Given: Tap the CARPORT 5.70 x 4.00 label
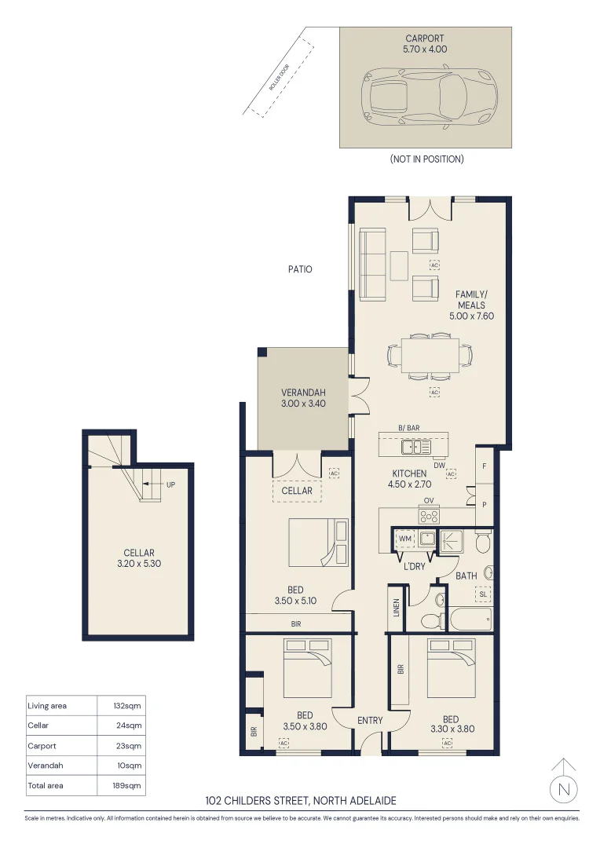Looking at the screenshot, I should (425, 43).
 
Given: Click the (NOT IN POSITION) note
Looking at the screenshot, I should (426, 159).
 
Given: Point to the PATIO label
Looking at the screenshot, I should (299, 269).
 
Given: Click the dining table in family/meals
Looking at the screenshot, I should (430, 354).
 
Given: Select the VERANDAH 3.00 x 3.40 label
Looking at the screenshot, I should (303, 398).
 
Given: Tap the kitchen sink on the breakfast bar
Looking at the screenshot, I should (414, 447).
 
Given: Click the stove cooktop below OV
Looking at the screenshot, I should (429, 516).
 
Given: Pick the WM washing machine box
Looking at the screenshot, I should (405, 539).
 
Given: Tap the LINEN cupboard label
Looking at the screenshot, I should (397, 609).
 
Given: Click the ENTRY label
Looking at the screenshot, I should (370, 720).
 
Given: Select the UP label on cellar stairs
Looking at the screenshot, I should (170, 484).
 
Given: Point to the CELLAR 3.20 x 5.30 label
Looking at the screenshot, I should (138, 557).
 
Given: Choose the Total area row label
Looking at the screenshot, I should (46, 785).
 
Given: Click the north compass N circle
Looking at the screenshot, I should (564, 788).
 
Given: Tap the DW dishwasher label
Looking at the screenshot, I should (440, 463).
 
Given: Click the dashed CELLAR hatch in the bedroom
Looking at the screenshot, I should (297, 491).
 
